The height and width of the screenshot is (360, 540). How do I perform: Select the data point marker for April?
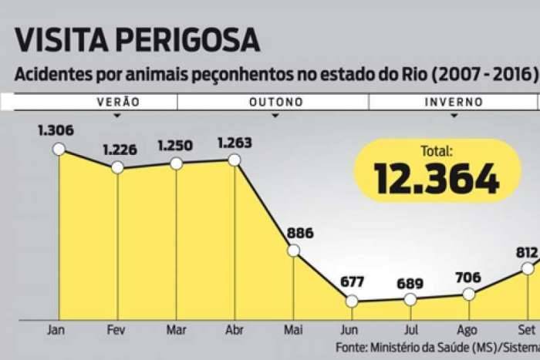pyautogui.click(x=235, y=160)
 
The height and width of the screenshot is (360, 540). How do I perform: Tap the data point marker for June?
pyautogui.click(x=352, y=301)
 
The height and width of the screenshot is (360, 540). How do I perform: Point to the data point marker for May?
pyautogui.click(x=293, y=250)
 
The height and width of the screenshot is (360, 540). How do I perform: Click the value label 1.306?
pyautogui.click(x=56, y=130)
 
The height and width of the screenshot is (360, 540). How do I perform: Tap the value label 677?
pyautogui.click(x=352, y=282)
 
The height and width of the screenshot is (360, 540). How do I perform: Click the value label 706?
pyautogui.click(x=468, y=277)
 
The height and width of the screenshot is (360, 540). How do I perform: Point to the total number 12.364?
pyautogui.click(x=437, y=179)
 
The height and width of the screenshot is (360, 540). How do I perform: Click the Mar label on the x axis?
pyautogui.click(x=176, y=330)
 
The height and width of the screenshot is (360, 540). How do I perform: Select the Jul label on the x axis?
pyautogui.click(x=410, y=330)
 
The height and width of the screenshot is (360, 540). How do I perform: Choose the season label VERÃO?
pyautogui.click(x=117, y=102)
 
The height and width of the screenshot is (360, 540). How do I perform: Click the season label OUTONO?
pyautogui.click(x=275, y=102)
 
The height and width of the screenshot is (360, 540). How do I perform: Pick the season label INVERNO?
pyautogui.click(x=454, y=102)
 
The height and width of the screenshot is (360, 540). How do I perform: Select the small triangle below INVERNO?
pyautogui.click(x=454, y=116)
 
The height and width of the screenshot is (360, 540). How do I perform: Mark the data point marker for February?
pyautogui.click(x=117, y=167)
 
